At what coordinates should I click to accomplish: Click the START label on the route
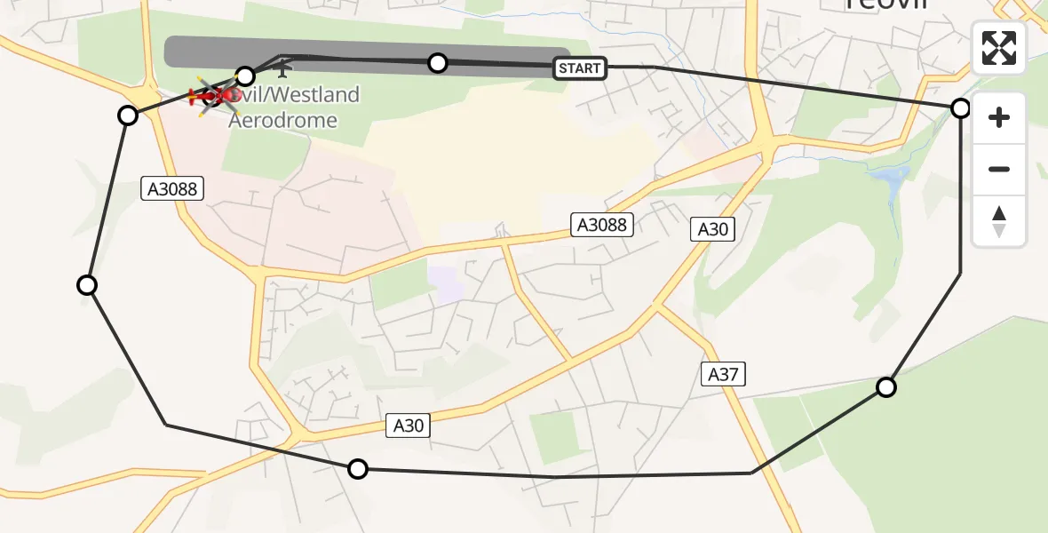580,68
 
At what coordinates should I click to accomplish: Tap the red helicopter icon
213,94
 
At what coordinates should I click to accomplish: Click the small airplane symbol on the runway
283,66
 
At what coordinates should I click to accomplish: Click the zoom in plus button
999,117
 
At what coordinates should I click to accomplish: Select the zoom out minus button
999,169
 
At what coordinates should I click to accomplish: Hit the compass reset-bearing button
999,220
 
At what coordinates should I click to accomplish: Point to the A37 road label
723,375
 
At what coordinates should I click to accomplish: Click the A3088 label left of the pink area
173,188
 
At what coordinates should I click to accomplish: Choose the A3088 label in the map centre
602,225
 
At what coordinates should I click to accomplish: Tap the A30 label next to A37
712,229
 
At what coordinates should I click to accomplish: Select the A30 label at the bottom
409,426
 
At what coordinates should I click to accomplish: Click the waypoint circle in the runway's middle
438,62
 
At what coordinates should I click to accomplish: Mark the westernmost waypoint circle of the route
87,284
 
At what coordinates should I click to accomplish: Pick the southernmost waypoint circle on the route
357,469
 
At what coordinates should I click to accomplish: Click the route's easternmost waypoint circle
960,108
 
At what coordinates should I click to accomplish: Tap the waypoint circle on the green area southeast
886,386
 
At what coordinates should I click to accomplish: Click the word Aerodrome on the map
282,120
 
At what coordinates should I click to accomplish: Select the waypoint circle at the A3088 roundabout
128,115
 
